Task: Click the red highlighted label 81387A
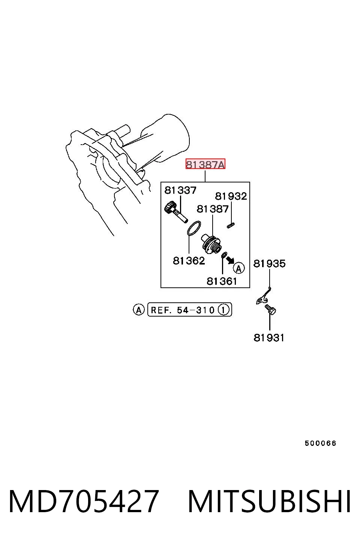coord(205,164)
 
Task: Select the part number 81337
coord(180,190)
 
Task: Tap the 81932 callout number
coord(231,196)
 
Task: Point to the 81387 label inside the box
coord(213,209)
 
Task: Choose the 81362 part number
coord(189,261)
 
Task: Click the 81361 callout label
coord(222,281)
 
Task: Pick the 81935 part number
coord(269,263)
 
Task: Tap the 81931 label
coord(269,338)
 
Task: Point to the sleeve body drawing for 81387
coord(211,244)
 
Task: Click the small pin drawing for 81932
coord(231,226)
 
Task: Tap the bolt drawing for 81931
coord(270,309)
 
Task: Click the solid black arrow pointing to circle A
coord(230,260)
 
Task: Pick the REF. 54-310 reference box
coord(190,309)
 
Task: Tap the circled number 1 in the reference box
coord(223,310)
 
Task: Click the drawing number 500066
coord(320,443)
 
